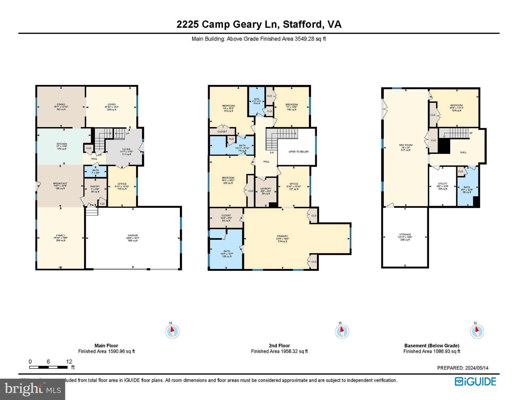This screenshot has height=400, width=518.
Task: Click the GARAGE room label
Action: (x=133, y=235)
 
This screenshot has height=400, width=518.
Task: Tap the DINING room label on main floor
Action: (x=61, y=104)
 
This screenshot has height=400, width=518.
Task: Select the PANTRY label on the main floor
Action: (x=95, y=186)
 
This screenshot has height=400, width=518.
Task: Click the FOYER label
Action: (x=126, y=149)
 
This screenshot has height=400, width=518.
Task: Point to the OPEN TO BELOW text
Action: (x=298, y=152)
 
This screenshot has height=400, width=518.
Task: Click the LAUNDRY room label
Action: (x=266, y=189)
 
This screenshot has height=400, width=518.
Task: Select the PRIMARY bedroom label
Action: (x=282, y=236)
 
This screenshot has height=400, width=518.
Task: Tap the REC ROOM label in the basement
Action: (x=406, y=145)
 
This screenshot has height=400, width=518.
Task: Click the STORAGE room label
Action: (x=405, y=235)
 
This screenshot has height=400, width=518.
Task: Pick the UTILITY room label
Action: (x=443, y=184)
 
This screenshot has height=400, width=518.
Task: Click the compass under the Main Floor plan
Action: (x=172, y=332)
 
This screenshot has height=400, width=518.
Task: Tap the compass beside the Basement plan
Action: (x=477, y=332)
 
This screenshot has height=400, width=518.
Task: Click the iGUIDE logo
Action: (x=476, y=382)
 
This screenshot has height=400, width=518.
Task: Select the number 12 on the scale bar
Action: (x=69, y=361)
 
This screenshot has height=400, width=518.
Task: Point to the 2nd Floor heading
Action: (x=279, y=346)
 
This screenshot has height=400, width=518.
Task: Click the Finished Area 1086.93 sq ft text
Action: (x=432, y=351)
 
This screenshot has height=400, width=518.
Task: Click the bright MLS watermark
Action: (x=33, y=389)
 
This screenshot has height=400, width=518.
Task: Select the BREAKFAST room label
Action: (x=60, y=183)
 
